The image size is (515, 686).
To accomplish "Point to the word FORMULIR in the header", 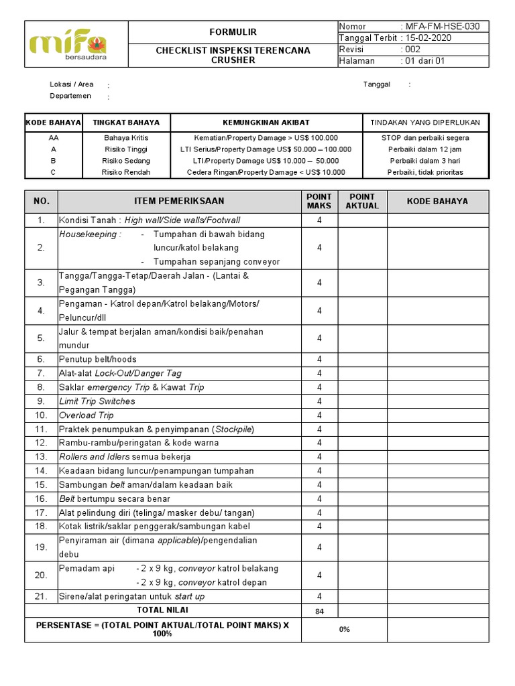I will [x=233, y=32].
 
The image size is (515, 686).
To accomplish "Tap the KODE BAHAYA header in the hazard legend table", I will [x=54, y=123].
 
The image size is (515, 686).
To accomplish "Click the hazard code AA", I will [x=54, y=137].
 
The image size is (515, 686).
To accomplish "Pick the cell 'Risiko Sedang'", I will [x=126, y=161].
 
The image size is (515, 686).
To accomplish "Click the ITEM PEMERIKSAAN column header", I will [x=179, y=201].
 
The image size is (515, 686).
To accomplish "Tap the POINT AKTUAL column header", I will [x=362, y=201].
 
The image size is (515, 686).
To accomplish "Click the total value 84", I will [x=319, y=610].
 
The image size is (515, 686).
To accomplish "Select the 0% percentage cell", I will [x=344, y=629].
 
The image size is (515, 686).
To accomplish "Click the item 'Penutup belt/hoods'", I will [x=97, y=359].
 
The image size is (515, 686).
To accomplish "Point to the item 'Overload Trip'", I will [x=87, y=415].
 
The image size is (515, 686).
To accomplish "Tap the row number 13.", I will [x=42, y=457].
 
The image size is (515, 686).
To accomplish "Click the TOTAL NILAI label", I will [x=162, y=610].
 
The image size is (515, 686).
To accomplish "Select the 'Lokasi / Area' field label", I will [x=72, y=84].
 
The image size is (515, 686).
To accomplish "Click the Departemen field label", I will [x=70, y=96].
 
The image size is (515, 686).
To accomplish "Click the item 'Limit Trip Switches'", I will [x=97, y=401].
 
